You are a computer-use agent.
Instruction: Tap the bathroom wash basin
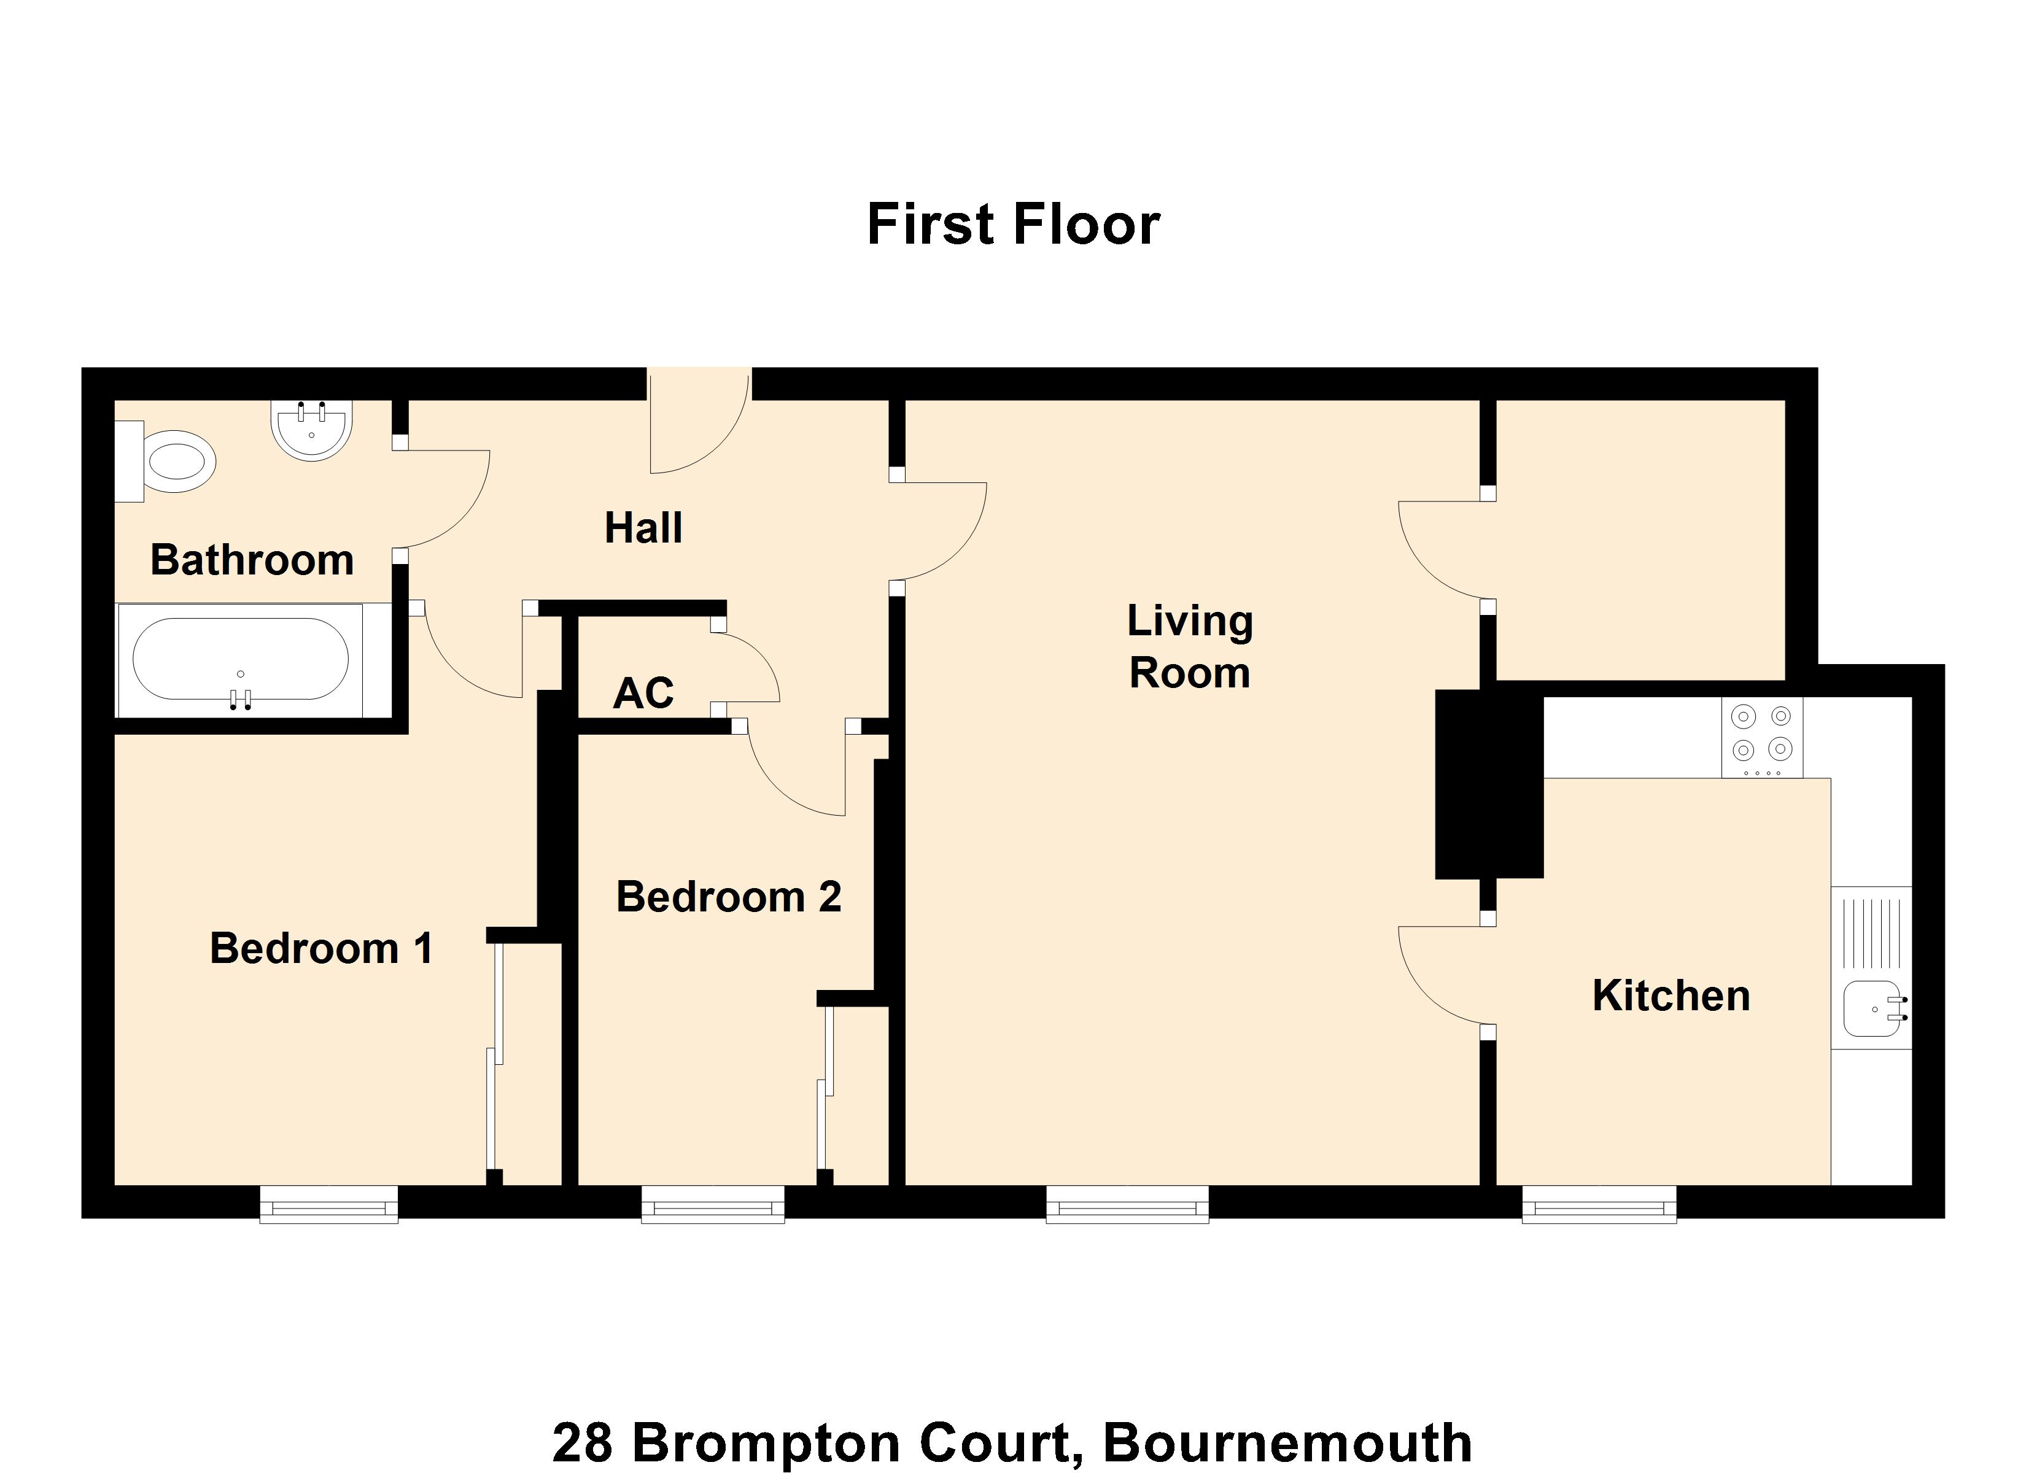[312, 429]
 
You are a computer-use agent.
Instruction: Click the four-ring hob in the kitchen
[1761, 737]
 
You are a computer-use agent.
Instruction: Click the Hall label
[643, 527]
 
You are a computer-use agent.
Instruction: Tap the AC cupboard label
[643, 693]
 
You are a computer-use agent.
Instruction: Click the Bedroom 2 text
[728, 896]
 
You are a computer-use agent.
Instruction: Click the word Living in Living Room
[1189, 621]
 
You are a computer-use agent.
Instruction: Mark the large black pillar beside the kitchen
[1488, 783]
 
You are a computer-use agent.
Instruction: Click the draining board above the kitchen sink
[1871, 934]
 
